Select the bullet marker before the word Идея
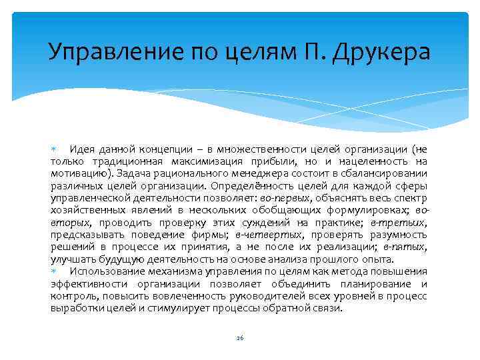click(53, 148)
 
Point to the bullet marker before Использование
click(53, 271)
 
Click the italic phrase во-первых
click(285, 197)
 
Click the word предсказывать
click(85, 235)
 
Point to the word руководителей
click(291, 296)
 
